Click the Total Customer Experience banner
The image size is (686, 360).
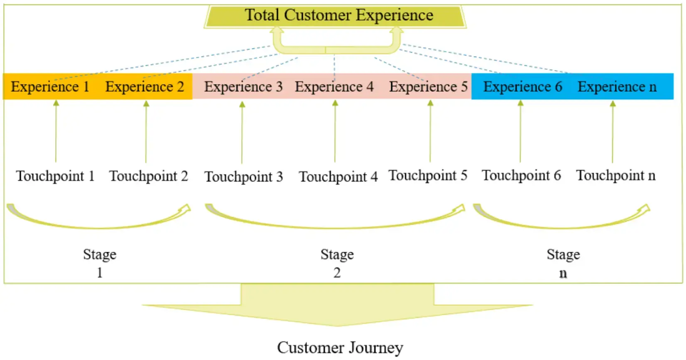[338, 15]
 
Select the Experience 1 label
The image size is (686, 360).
[50, 87]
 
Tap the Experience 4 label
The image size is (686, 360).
[334, 87]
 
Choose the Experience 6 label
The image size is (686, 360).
[522, 87]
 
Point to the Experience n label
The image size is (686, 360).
[617, 87]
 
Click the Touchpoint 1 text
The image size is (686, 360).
[55, 176]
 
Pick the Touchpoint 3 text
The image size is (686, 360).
[243, 177]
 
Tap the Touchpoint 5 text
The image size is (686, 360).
[428, 176]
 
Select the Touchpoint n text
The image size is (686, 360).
[615, 176]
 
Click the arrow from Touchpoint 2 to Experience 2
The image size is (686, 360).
[146, 132]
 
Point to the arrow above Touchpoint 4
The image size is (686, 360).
[335, 132]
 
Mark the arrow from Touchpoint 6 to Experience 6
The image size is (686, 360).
[520, 132]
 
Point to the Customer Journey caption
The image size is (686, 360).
[340, 348]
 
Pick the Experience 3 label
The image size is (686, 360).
[243, 87]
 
